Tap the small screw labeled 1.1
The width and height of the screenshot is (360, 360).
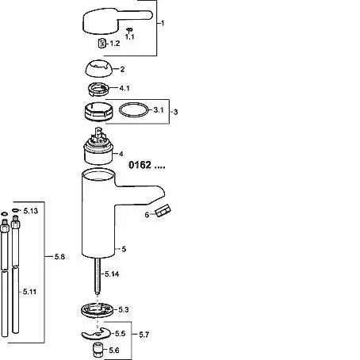[129, 29]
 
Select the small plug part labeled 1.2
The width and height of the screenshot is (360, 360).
[102, 44]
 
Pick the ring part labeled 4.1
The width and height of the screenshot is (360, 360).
[98, 89]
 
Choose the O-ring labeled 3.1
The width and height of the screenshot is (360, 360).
[134, 109]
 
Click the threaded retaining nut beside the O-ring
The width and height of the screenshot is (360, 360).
[98, 111]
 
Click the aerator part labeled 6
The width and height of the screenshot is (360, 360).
[163, 211]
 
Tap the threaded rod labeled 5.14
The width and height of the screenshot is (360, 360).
[98, 276]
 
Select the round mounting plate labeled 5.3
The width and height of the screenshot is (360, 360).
[98, 309]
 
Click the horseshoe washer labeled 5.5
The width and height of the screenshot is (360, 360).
[96, 334]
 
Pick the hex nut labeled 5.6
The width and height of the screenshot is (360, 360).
[98, 350]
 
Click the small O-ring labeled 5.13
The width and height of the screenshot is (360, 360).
[15, 210]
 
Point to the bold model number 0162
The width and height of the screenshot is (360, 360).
[140, 165]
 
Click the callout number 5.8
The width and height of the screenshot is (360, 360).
[59, 257]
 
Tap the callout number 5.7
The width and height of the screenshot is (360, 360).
[144, 335]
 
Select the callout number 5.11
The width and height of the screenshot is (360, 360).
[29, 292]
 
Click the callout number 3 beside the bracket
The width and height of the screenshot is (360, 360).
[175, 112]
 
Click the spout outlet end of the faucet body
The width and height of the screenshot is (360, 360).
[159, 196]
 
